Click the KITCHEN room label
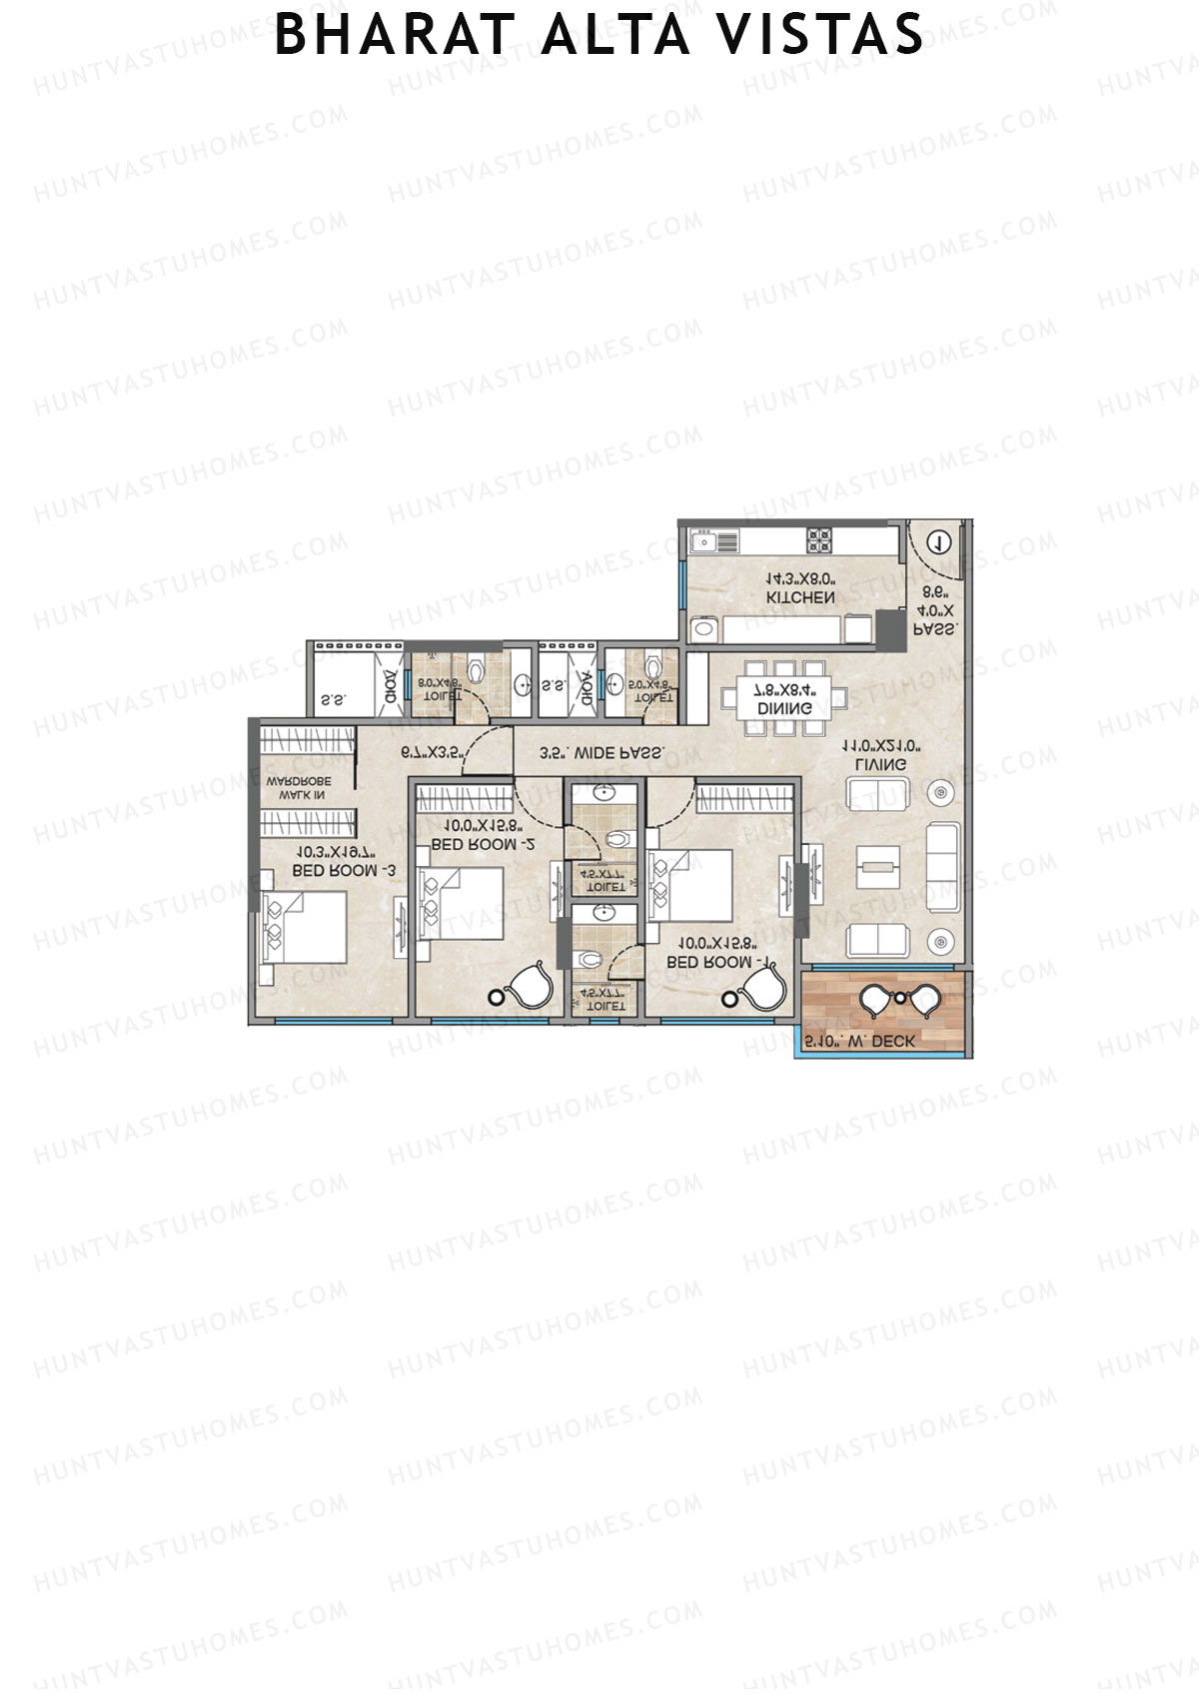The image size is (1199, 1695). coord(800,597)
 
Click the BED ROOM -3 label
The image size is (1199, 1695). coord(344,871)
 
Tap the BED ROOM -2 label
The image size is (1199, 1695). coord(482,844)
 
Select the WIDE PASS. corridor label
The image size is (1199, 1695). coord(601,754)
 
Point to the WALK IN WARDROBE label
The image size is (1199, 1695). coord(298,788)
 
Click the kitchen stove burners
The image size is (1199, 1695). coord(819,540)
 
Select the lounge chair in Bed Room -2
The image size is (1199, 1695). coord(526,985)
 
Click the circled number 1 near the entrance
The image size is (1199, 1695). coord(937,542)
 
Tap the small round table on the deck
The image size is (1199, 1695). coord(899,997)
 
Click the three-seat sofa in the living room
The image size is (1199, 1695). coord(943,866)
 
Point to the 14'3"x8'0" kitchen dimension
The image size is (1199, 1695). coord(800,578)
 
